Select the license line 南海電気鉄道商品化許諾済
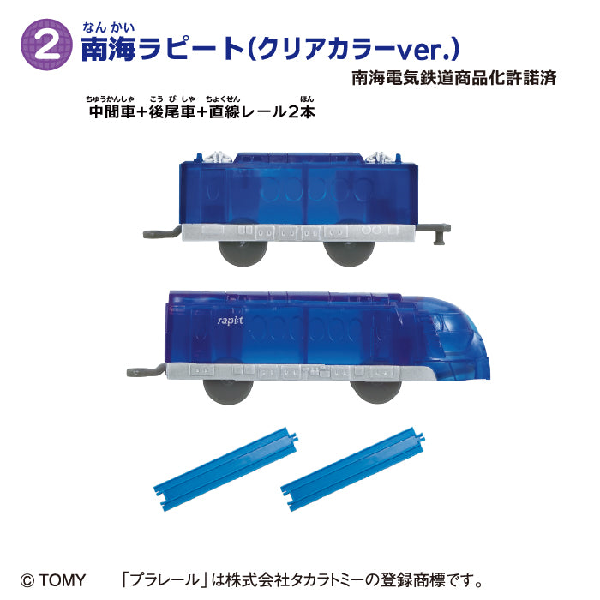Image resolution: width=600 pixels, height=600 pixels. [454, 78]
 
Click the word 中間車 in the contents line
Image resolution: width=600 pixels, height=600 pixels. [111, 113]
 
